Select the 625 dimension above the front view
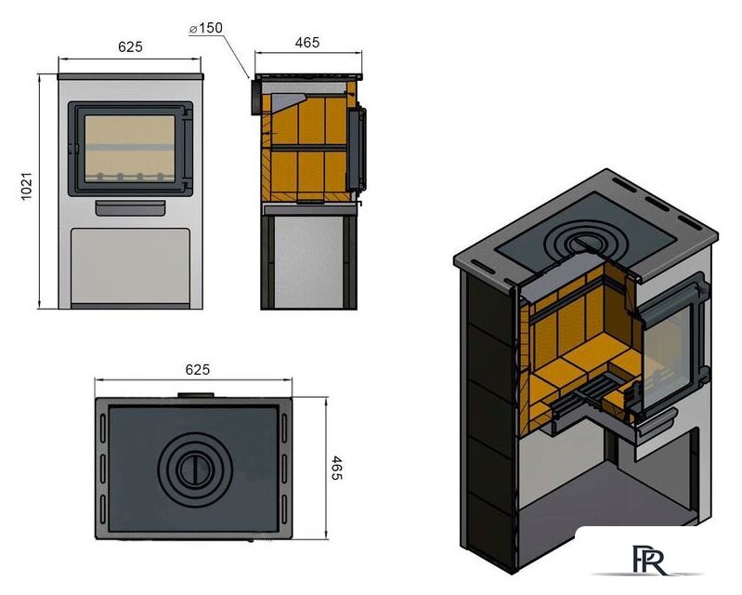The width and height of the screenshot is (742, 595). (x=130, y=46)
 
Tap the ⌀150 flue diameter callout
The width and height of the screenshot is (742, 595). (x=205, y=29)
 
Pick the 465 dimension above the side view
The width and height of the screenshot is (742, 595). (x=306, y=43)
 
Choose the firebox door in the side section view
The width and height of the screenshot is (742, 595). (x=358, y=149)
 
